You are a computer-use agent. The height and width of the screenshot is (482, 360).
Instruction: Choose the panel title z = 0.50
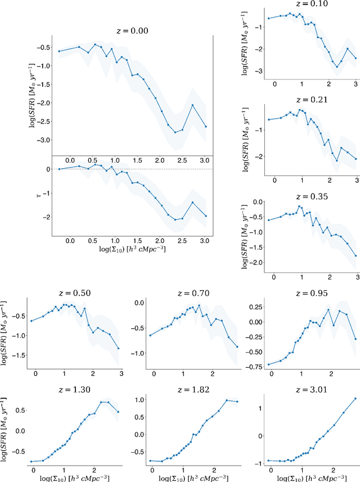(75, 293)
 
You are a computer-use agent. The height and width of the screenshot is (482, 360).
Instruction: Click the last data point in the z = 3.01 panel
(355, 399)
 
